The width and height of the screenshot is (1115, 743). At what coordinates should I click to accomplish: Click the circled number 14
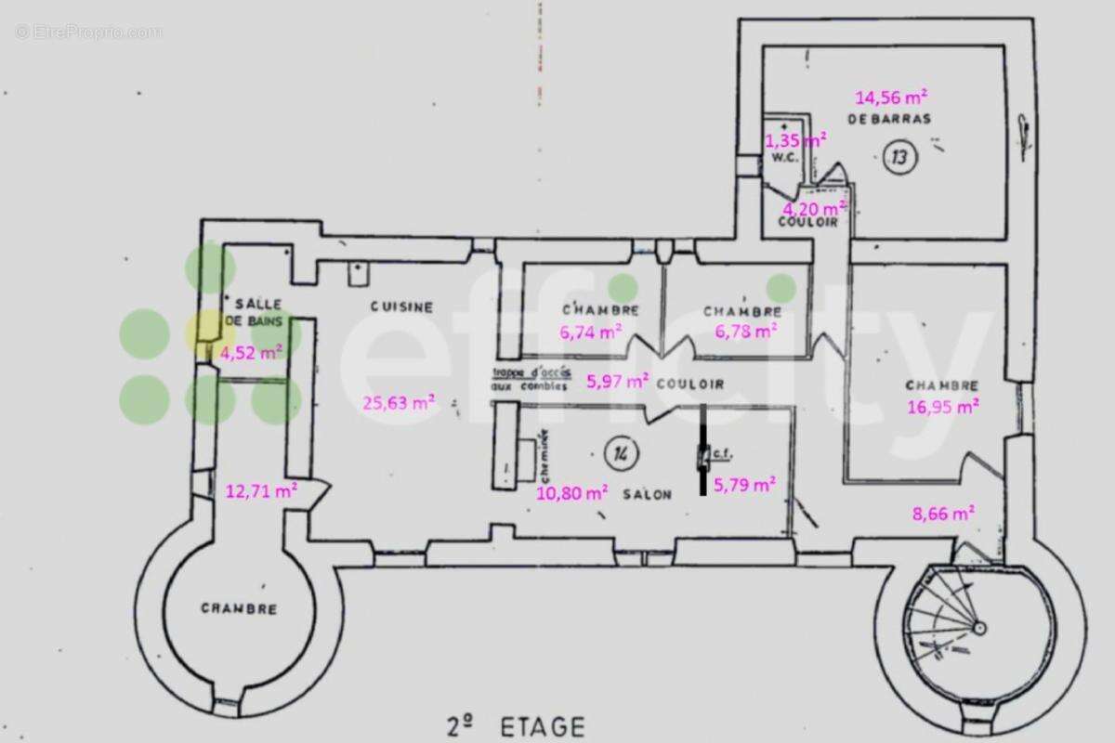click(620, 453)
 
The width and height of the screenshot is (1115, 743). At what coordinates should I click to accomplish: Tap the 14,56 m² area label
click(891, 97)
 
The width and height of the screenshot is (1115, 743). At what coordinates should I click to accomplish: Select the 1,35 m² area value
click(795, 140)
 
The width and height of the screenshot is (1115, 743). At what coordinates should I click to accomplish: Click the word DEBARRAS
click(888, 119)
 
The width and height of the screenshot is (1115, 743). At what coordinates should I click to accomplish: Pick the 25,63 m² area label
click(398, 402)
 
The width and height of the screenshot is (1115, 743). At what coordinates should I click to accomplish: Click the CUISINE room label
click(401, 307)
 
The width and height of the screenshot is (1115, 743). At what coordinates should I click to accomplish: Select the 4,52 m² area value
click(251, 352)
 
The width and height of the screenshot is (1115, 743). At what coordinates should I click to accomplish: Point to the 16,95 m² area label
click(943, 406)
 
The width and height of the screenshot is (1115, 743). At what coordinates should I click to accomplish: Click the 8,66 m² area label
click(942, 512)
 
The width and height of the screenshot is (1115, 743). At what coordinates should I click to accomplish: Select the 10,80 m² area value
click(572, 492)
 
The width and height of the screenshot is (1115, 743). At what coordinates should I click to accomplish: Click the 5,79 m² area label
click(744, 483)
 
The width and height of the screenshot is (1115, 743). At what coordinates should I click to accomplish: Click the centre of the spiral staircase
click(977, 628)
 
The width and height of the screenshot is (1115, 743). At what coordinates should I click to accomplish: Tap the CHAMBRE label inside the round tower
click(239, 609)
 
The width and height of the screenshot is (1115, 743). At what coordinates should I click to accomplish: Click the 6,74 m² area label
click(590, 332)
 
